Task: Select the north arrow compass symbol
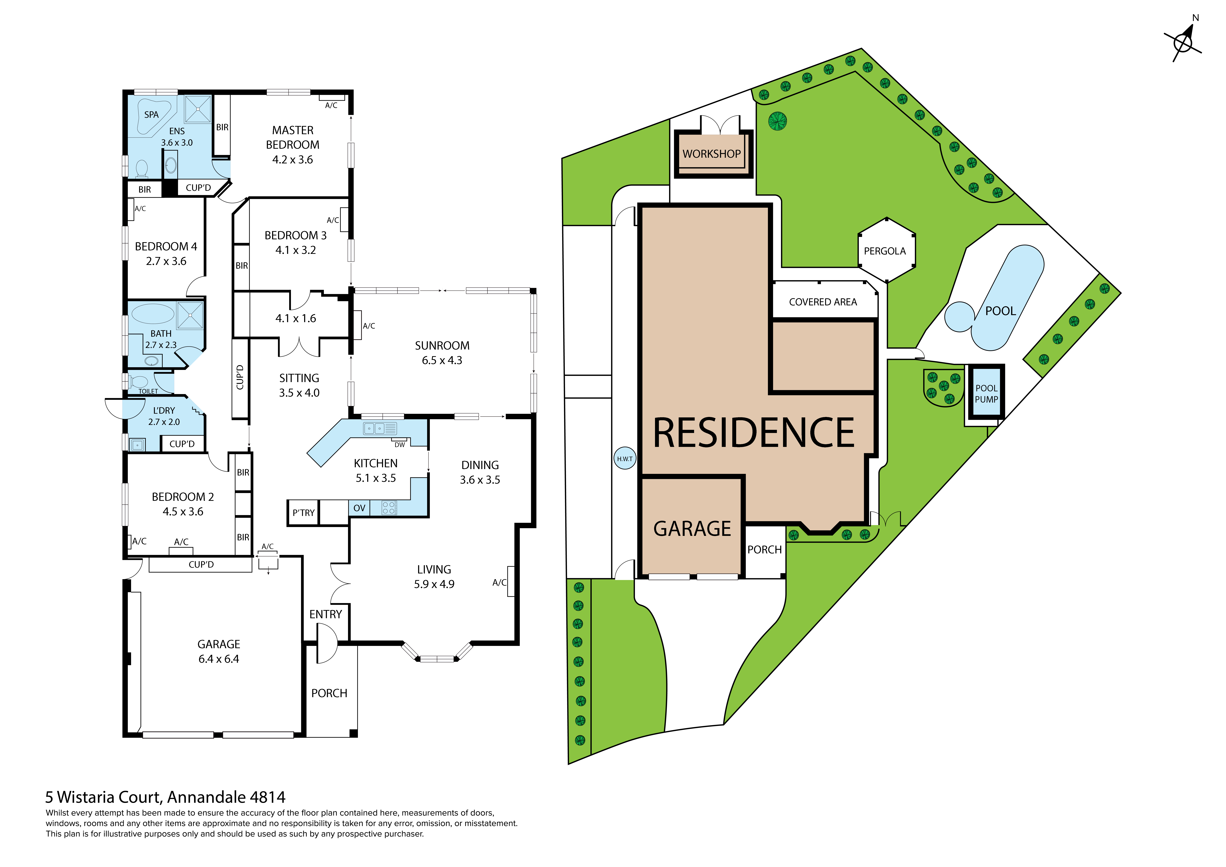[1183, 42]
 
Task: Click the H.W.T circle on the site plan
[625, 458]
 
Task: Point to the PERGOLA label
[885, 251]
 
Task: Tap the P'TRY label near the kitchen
[303, 513]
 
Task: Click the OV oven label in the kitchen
[359, 508]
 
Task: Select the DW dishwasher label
[399, 445]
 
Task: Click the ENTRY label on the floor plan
[325, 614]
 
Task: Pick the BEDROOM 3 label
[295, 236]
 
